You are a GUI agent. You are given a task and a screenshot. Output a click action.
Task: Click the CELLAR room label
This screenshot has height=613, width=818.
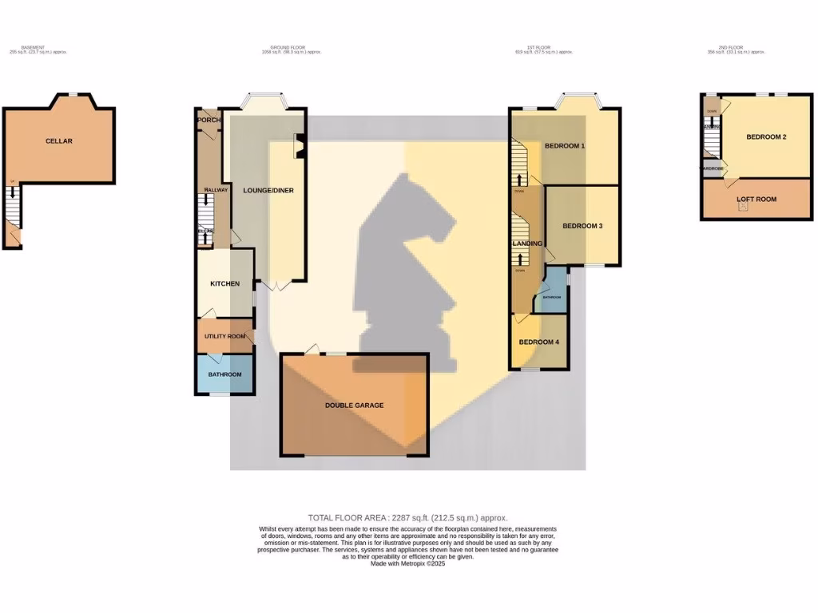(58, 141)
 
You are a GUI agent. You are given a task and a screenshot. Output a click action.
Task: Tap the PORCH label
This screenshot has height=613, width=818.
(208, 121)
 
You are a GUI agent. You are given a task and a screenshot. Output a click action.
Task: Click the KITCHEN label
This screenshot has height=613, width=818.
(224, 284)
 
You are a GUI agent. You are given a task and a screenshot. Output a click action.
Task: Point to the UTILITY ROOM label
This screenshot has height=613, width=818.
(224, 337)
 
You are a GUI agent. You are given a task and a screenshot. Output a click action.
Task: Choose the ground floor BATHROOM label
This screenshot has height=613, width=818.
(224, 374)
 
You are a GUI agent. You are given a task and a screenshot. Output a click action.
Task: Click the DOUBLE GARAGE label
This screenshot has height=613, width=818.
(354, 405)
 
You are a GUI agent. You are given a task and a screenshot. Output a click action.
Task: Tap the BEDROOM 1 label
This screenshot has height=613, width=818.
(565, 146)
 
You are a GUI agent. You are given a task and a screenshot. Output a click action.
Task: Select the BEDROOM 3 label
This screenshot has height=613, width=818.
(582, 226)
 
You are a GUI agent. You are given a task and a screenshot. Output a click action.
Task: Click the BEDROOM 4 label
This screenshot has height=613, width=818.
(538, 342)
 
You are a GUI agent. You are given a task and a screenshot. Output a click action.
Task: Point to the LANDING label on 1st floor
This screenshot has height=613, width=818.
(526, 243)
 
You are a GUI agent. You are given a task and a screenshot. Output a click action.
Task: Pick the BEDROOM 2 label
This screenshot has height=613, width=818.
(766, 137)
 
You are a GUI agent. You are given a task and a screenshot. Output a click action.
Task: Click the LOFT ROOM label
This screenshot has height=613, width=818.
(755, 200)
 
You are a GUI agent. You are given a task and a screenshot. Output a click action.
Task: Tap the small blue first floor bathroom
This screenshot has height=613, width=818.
(551, 296)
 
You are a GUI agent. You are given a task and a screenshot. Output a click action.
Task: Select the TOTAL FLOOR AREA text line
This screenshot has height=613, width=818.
(407, 518)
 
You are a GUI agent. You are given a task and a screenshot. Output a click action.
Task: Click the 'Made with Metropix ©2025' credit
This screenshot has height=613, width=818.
(407, 564)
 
